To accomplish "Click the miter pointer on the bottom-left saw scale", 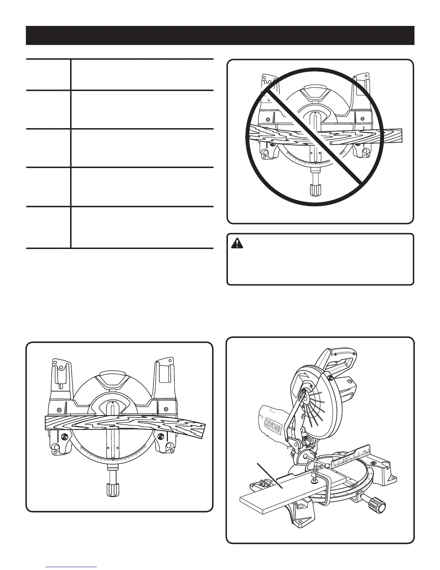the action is [113, 460].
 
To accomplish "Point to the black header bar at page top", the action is [220, 35].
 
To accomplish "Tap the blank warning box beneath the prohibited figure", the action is [320, 264].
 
